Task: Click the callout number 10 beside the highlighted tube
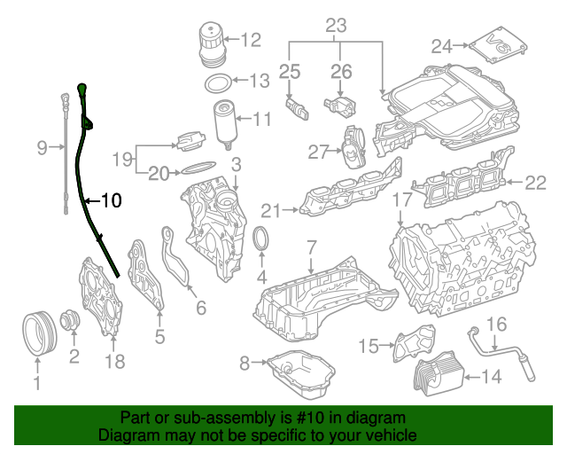pyautogui.click(x=111, y=201)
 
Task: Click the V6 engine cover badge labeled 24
pyautogui.click(x=493, y=44)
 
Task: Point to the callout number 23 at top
pyautogui.click(x=336, y=26)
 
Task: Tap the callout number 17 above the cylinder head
pyautogui.click(x=402, y=201)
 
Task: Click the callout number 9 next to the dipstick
pyautogui.click(x=42, y=149)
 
